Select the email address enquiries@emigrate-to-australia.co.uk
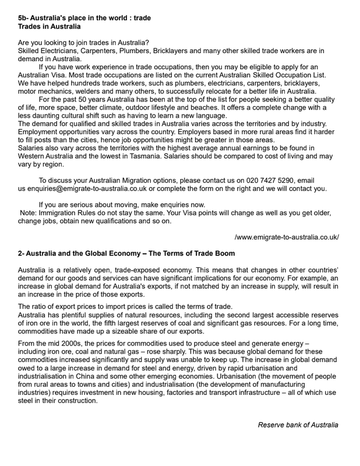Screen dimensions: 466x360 click(x=91, y=189)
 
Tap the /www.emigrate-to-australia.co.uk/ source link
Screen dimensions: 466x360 click(x=287, y=237)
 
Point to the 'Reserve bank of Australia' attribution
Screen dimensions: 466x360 click(x=298, y=425)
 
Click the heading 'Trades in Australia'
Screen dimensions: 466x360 click(x=50, y=26)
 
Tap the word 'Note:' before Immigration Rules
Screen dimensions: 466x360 click(x=30, y=213)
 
